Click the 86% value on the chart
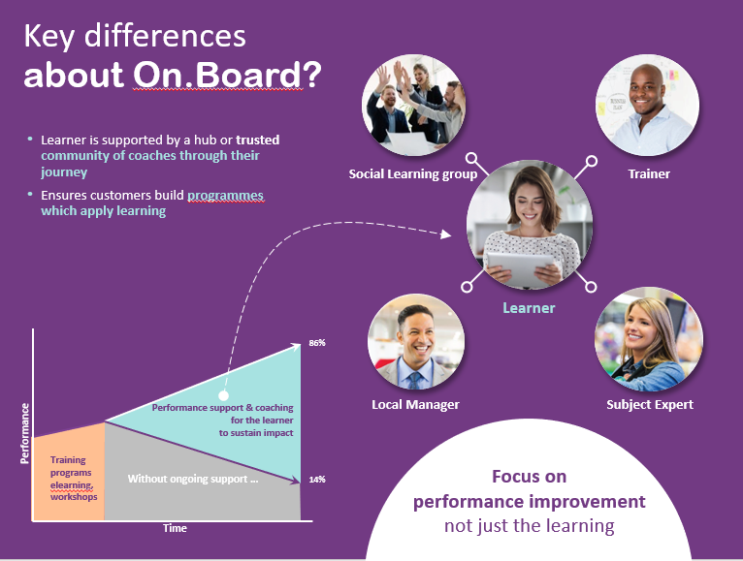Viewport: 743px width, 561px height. pyautogui.click(x=316, y=343)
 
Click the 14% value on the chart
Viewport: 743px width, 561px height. pyautogui.click(x=316, y=480)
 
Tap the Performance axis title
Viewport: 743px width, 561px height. pyautogui.click(x=25, y=433)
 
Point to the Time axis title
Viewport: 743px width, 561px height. pyautogui.click(x=175, y=528)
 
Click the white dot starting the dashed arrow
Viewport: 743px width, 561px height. pyautogui.click(x=223, y=396)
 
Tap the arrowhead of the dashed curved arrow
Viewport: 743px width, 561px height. pyautogui.click(x=447, y=234)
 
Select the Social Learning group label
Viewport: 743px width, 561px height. pyautogui.click(x=413, y=174)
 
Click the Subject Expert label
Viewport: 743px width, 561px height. pyautogui.click(x=650, y=404)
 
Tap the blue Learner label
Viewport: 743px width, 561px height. pyautogui.click(x=529, y=308)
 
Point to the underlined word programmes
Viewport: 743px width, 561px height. pyautogui.click(x=225, y=195)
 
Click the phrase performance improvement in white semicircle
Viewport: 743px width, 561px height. pyautogui.click(x=529, y=502)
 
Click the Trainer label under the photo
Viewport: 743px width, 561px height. pyautogui.click(x=650, y=174)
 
